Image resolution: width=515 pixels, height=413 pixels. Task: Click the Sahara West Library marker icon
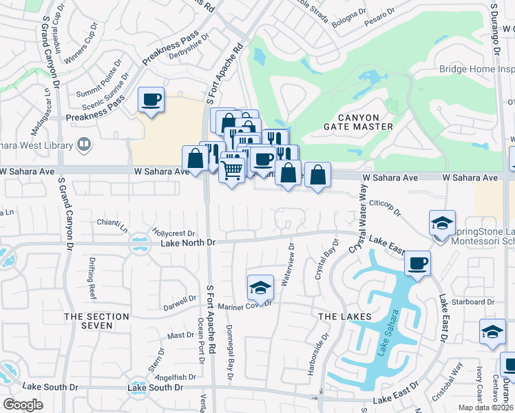(x=84, y=145)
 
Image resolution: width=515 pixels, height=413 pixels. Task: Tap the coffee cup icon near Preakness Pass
(x=151, y=99)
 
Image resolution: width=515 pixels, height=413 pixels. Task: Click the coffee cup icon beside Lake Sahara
(x=418, y=263)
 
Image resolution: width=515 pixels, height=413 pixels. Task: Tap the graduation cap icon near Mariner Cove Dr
(x=260, y=286)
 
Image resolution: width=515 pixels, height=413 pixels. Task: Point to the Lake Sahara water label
(x=387, y=334)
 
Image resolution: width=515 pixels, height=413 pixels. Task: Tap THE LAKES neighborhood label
(x=345, y=316)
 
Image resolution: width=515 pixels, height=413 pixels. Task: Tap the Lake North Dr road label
(x=188, y=243)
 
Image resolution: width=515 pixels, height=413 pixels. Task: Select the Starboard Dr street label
(x=472, y=301)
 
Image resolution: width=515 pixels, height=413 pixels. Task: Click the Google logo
(x=23, y=405)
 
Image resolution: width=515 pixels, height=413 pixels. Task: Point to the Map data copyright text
(x=486, y=407)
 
